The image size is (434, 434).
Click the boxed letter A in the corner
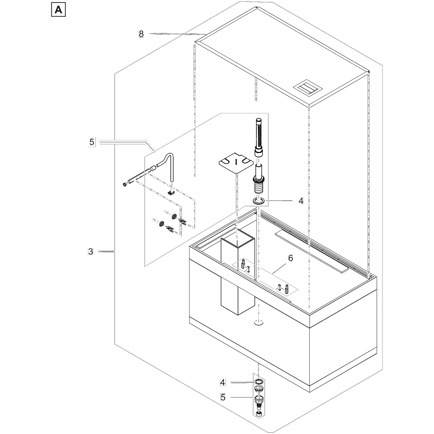(x=58, y=10)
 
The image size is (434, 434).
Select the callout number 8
(x=141, y=34)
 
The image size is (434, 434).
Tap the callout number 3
(x=90, y=251)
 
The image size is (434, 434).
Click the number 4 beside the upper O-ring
(x=301, y=201)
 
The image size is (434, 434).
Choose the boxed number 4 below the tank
(x=223, y=382)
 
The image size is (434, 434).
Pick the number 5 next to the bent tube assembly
(x=92, y=142)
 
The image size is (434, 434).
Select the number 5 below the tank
(x=223, y=397)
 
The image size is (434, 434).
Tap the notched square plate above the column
(x=236, y=163)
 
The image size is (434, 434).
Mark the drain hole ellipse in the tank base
(x=258, y=323)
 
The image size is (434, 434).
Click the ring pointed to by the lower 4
(x=259, y=382)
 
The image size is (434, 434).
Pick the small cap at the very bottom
(x=259, y=414)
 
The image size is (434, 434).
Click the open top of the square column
(x=238, y=241)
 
